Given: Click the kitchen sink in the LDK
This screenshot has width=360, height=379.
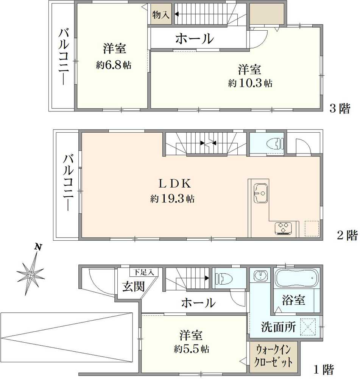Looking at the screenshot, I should click(x=261, y=191).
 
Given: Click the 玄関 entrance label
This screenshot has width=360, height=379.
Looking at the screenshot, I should click(x=133, y=286).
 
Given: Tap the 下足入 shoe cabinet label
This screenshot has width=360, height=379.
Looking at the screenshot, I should click(x=143, y=272).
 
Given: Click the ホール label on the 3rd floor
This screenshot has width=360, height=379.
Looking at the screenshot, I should click(x=195, y=38).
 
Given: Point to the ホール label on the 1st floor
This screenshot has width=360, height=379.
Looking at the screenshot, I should click(x=198, y=302).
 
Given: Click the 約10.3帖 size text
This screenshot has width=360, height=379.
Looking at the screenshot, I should click(x=250, y=83).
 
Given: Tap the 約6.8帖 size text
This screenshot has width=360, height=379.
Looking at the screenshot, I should click(x=113, y=65).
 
